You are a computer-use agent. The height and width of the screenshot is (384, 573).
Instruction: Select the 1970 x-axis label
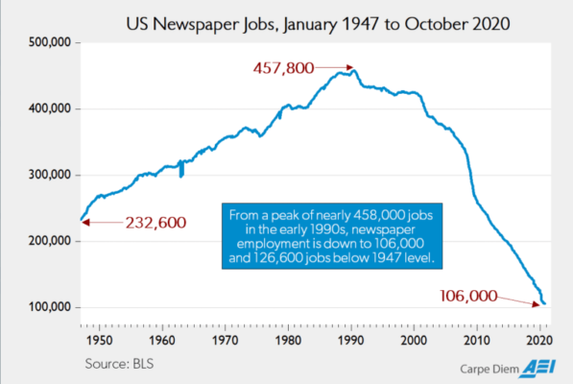click(x=226, y=339)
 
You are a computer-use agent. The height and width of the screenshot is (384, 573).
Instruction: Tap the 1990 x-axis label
click(x=352, y=339)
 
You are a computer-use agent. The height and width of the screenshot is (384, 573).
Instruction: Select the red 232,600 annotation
click(x=155, y=223)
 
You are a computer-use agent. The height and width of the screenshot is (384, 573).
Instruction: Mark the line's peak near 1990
click(x=353, y=70)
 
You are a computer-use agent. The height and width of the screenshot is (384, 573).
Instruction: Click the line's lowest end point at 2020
click(x=544, y=304)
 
